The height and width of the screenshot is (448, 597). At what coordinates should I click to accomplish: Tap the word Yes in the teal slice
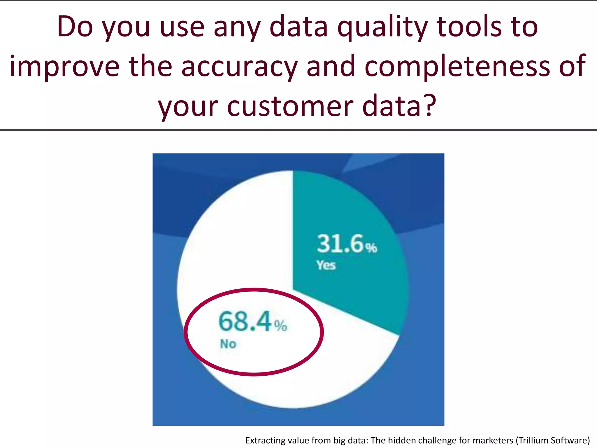coord(326,265)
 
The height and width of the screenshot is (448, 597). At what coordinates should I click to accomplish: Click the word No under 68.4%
coord(228,344)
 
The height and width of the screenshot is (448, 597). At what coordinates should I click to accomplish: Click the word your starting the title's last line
coord(188,106)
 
